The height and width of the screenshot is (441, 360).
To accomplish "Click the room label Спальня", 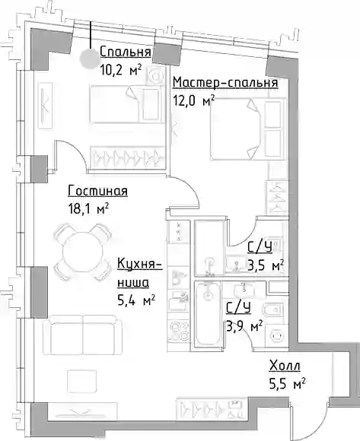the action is click(126, 52).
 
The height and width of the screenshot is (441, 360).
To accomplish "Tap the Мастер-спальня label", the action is click(226, 83).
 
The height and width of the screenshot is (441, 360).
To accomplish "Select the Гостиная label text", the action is click(97, 191).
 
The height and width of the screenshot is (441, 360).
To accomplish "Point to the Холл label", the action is click(285, 366).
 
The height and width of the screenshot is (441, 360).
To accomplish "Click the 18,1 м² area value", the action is click(88, 209).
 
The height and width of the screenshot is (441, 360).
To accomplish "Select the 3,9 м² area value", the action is click(244, 326).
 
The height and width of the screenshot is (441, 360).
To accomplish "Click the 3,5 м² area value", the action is click(265, 265).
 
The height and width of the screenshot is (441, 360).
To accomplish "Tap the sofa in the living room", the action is click(83, 335).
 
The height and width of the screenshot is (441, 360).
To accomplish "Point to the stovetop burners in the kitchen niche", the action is click(178, 331).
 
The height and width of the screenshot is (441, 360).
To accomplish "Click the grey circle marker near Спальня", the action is click(90, 59).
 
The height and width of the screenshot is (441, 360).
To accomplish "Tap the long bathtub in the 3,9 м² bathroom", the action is click(208, 313).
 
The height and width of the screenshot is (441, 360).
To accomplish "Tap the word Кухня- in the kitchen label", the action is click(139, 264).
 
